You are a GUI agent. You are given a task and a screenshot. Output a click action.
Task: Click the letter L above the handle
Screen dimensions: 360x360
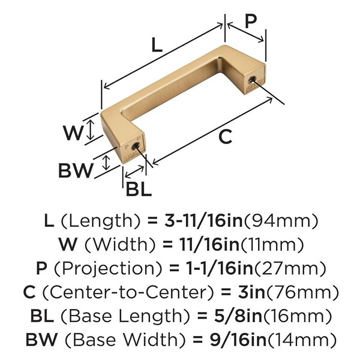pyautogui.click(x=157, y=45)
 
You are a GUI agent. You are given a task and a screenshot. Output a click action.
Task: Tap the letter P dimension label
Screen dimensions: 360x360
pyautogui.click(x=251, y=22)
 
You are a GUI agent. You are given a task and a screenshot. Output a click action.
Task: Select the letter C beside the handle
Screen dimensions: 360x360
pyautogui.click(x=225, y=137)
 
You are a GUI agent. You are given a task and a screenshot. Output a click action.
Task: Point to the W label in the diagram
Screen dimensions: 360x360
pyautogui.click(x=73, y=133)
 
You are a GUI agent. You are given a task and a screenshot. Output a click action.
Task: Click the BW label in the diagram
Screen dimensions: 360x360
pyautogui.click(x=76, y=170)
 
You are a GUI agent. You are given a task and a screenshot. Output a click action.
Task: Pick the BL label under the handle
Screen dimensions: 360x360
pyautogui.click(x=139, y=189)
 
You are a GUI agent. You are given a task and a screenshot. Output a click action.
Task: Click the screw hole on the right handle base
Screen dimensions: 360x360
pyautogui.click(x=252, y=80)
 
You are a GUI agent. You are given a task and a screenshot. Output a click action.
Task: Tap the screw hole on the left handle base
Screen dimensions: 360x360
pyautogui.click(x=136, y=146)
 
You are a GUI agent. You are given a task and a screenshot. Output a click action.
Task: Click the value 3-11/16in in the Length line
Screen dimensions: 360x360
pyautogui.click(x=203, y=220)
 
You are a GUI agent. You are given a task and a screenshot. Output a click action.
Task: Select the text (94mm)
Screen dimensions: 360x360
pyautogui.click(x=281, y=221)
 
